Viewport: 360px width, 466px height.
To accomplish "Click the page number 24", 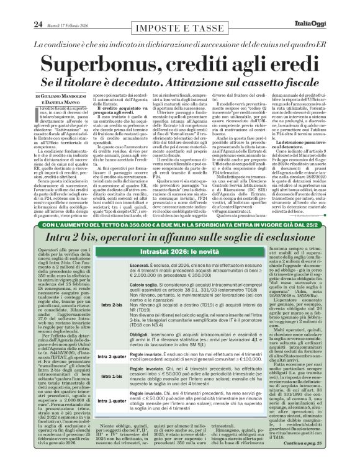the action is click(12, 7).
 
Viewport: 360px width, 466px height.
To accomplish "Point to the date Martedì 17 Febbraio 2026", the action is click(46, 8).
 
